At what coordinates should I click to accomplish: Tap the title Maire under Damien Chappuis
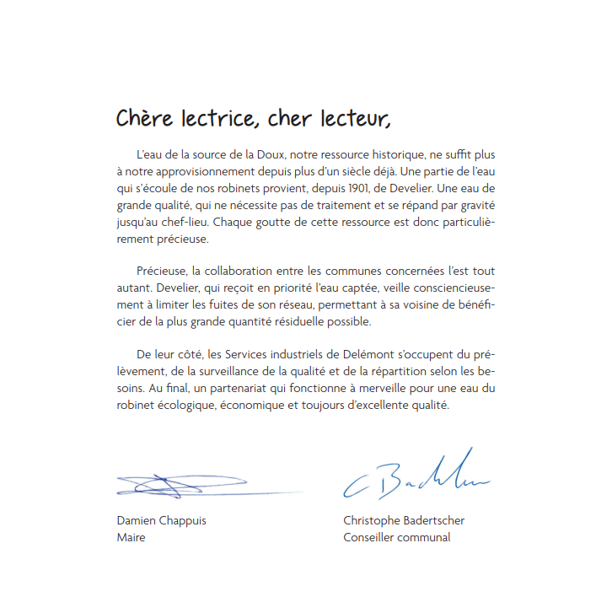131,537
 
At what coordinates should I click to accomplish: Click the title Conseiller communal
396,537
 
